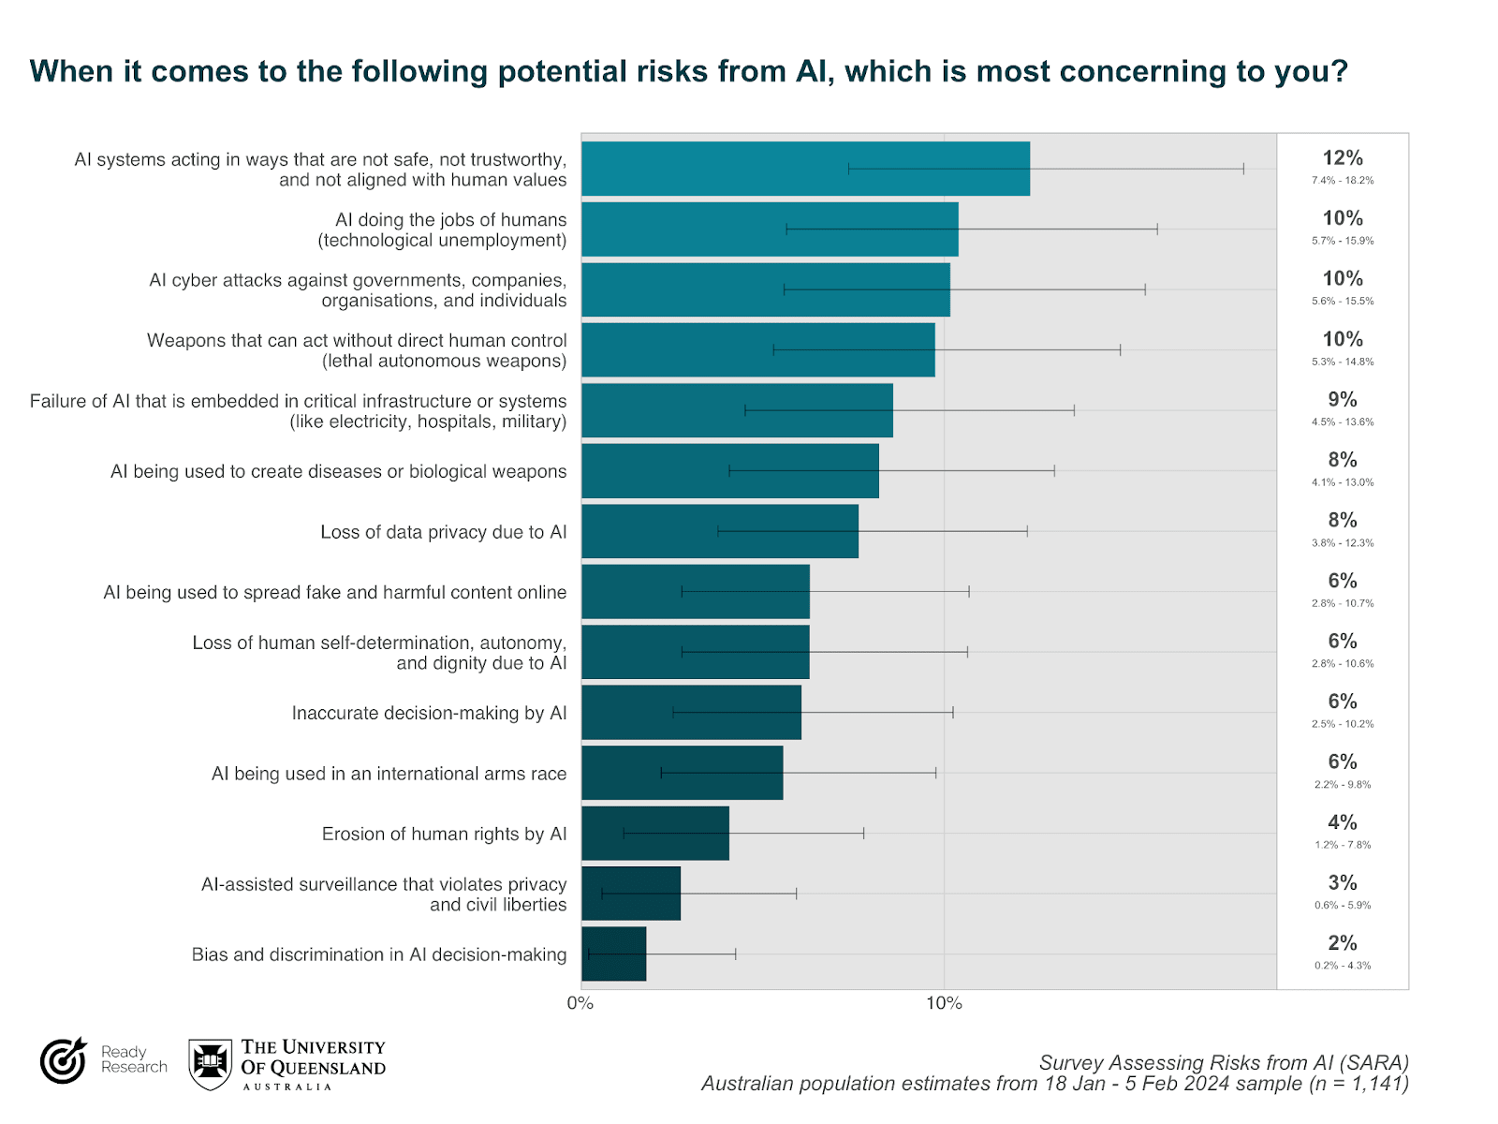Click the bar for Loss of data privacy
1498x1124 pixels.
coord(719,531)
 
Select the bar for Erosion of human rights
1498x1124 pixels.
coord(654,833)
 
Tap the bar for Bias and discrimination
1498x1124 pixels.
coord(613,954)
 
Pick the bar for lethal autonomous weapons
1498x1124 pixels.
coord(757,349)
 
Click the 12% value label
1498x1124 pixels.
coord(1342,158)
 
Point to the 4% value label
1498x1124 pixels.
coord(1342,822)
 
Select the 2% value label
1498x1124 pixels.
coord(1342,943)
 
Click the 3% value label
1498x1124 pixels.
coord(1342,882)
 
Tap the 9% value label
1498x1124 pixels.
coord(1342,399)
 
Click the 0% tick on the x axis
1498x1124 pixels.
coord(580,1003)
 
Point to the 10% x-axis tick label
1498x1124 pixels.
coord(944,1003)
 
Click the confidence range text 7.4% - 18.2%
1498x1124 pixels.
coord(1342,180)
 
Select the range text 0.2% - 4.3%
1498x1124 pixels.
coord(1342,966)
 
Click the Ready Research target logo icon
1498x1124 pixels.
coord(63,1060)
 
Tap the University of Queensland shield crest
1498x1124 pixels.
coord(210,1063)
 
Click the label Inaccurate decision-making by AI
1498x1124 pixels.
coord(429,713)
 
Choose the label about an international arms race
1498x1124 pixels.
coord(389,774)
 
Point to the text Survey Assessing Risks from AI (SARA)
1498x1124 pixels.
coord(1223,1062)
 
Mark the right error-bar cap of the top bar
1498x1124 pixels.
coord(1243,169)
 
